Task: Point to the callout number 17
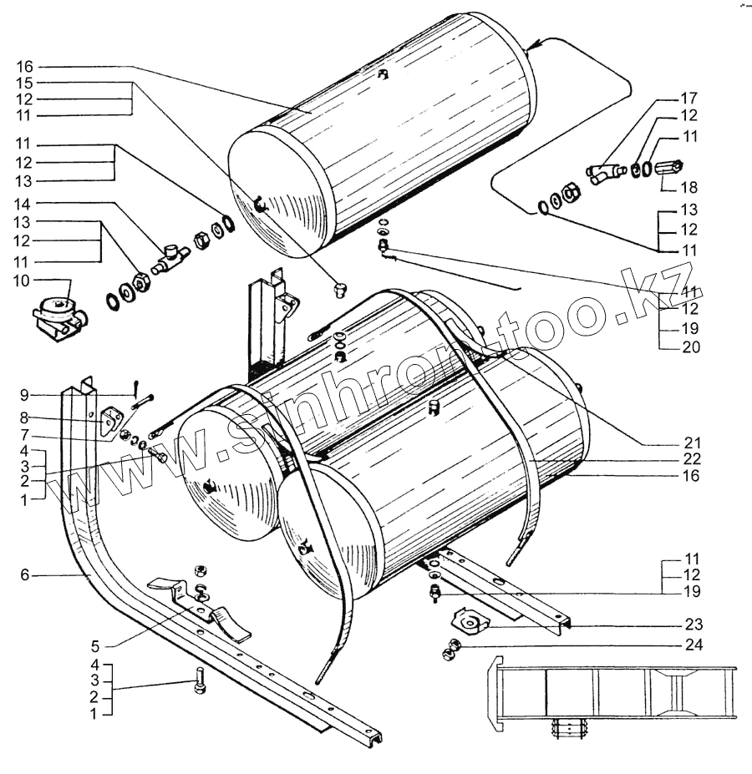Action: pyautogui.click(x=689, y=98)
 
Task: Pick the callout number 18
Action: pyautogui.click(x=689, y=188)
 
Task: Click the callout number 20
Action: pyautogui.click(x=689, y=347)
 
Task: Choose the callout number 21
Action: pyautogui.click(x=689, y=442)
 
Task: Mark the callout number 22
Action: pyautogui.click(x=689, y=459)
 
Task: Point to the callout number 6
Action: pyautogui.click(x=24, y=574)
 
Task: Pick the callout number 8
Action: pyautogui.click(x=24, y=417)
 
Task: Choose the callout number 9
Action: pyautogui.click(x=24, y=394)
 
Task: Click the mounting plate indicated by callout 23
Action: pyautogui.click(x=469, y=621)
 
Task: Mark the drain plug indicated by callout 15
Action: pyautogui.click(x=339, y=289)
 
